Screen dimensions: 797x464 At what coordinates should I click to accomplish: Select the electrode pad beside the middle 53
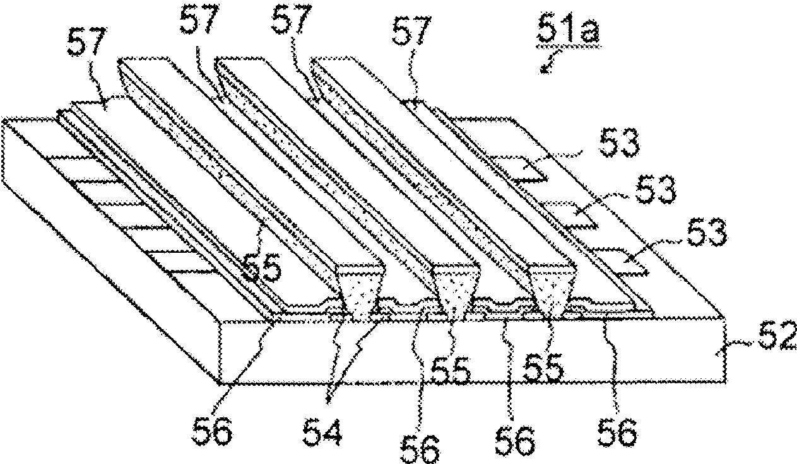(571, 214)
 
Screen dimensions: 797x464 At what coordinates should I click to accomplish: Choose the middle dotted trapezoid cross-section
(456, 288)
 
